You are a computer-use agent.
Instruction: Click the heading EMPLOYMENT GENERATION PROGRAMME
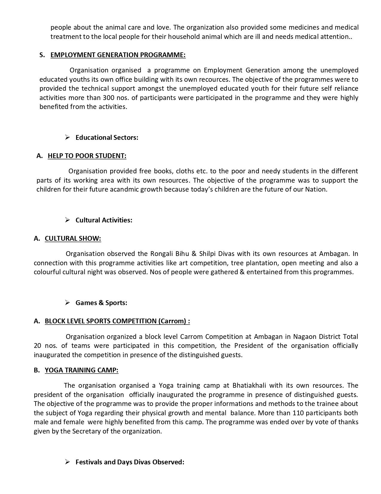[118, 55]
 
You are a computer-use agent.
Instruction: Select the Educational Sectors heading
[107, 138]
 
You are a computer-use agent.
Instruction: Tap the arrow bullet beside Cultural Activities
[68, 220]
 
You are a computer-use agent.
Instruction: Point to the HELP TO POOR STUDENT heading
[87, 156]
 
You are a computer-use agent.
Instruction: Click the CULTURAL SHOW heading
[73, 239]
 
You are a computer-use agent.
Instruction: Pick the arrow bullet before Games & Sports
[68, 303]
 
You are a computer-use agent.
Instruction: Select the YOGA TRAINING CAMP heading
[82, 370]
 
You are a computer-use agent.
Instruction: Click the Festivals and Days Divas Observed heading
[130, 462]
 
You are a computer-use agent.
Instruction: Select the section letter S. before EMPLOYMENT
[42, 55]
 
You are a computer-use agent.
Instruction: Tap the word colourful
[47, 272]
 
